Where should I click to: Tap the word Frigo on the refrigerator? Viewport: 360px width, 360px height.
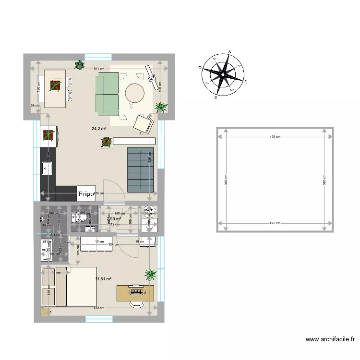click(86, 194)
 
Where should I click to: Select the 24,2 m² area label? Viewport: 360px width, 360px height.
click(99, 129)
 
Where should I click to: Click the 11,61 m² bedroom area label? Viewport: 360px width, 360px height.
click(103, 279)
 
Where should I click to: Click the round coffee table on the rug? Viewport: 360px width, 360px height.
click(135, 93)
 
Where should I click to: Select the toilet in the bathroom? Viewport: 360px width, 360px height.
click(82, 219)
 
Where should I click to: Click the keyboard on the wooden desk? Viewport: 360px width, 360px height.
click(136, 291)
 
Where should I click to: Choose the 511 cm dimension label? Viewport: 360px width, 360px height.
click(99, 69)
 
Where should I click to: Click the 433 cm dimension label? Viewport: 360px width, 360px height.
click(99, 308)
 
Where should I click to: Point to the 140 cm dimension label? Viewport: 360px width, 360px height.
click(120, 214)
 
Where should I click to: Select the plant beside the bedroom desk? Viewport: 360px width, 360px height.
click(151, 274)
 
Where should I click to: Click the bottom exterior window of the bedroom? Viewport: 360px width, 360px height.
click(99, 319)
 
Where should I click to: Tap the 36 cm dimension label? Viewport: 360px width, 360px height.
click(34, 106)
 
